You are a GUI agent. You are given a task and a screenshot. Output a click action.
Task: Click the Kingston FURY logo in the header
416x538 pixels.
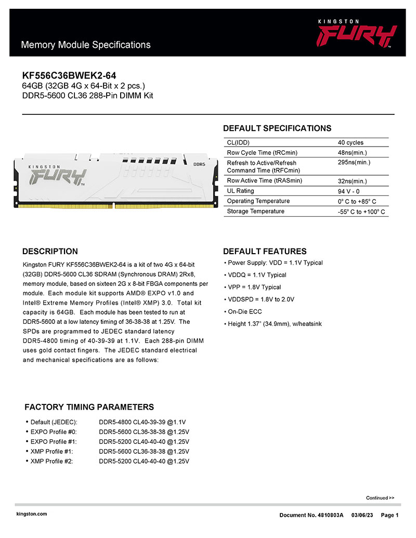click(x=357, y=34)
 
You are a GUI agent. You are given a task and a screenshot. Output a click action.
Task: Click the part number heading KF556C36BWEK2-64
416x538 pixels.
click(x=69, y=76)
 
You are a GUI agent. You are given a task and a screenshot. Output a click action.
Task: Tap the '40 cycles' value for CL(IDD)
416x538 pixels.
click(x=350, y=142)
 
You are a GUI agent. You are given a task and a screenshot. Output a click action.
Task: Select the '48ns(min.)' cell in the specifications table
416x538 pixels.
click(x=352, y=153)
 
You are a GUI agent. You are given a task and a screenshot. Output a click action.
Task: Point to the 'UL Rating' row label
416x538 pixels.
click(x=241, y=191)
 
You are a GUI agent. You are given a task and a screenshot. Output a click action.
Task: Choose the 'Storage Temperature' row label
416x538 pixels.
click(x=256, y=211)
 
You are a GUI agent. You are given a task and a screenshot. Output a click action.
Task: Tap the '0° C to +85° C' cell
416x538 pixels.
click(x=357, y=201)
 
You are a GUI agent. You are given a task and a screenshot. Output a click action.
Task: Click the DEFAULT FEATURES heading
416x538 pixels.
click(x=265, y=252)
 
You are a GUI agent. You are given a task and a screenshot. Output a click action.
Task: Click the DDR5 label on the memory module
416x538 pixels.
click(x=200, y=164)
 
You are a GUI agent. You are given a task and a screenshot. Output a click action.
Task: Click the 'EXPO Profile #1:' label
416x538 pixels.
click(x=54, y=441)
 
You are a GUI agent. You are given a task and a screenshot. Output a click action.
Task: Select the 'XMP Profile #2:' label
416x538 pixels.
click(x=51, y=461)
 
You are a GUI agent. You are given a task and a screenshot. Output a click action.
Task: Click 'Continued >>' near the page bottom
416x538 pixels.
click(x=380, y=497)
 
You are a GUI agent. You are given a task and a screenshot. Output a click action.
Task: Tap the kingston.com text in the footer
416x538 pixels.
click(x=32, y=514)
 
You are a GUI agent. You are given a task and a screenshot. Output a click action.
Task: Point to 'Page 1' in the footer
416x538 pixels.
click(x=389, y=515)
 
